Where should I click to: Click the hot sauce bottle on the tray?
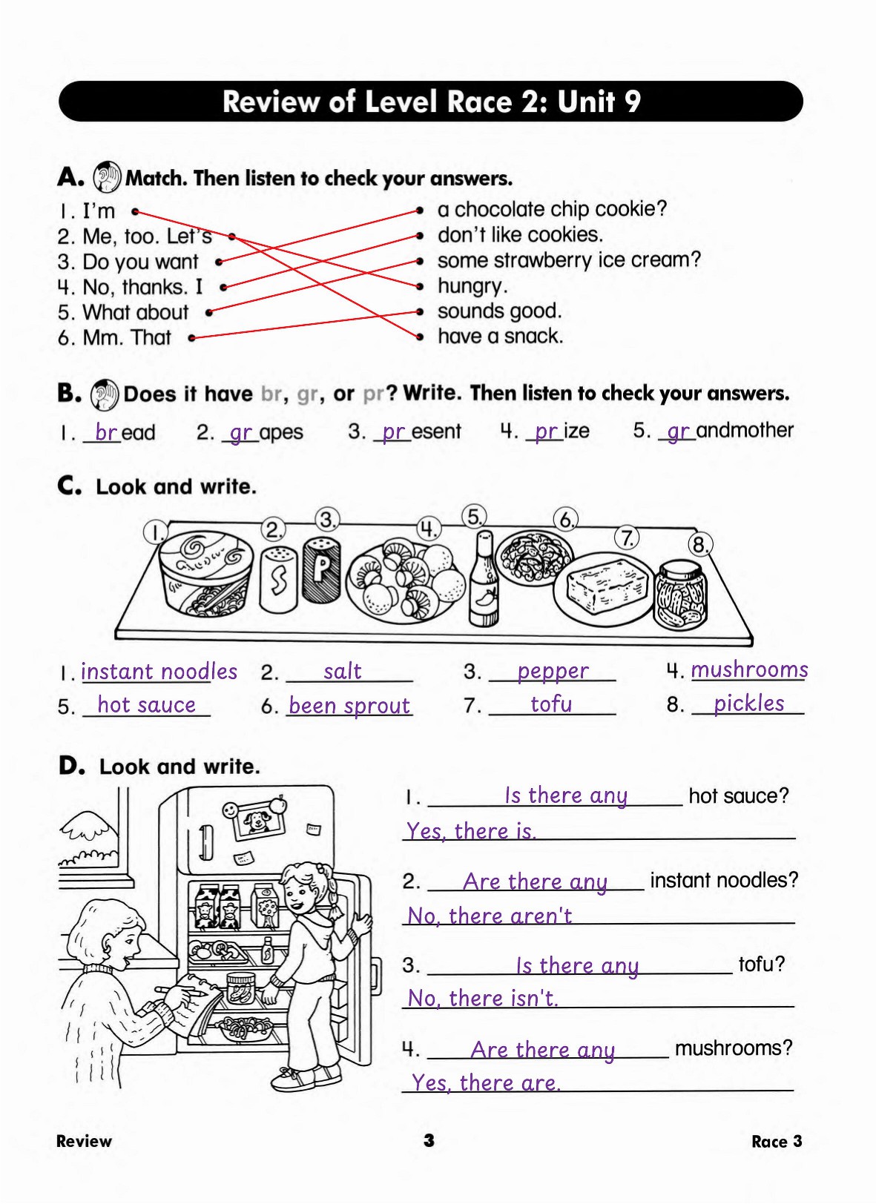(484, 582)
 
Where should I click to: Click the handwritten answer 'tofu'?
(551, 704)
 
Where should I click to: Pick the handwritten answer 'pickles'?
(748, 703)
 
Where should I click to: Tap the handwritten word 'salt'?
(343, 672)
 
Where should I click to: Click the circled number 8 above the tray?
(699, 545)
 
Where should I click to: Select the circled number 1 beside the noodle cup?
(156, 532)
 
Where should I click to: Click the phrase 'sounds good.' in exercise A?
(499, 311)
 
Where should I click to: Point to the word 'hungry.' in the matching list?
(472, 285)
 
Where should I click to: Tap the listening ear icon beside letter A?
(107, 177)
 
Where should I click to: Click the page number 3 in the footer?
(429, 1140)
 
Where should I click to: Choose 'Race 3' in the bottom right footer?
(776, 1141)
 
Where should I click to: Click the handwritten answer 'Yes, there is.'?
(471, 831)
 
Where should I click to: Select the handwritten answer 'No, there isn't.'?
(482, 999)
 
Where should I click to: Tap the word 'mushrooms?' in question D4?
(733, 1048)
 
